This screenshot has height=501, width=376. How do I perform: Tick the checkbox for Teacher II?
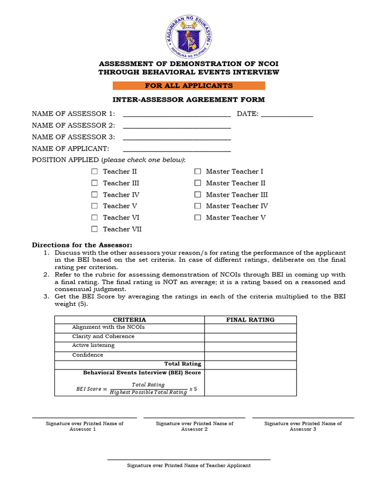click(x=94, y=172)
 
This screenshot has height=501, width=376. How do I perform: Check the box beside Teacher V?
click(x=94, y=206)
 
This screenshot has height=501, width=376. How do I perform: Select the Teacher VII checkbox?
click(x=94, y=229)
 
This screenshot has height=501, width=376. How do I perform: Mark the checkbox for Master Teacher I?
click(x=198, y=172)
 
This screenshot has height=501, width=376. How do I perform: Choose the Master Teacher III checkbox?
click(x=198, y=195)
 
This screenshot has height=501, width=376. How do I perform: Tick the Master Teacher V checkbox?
click(x=198, y=218)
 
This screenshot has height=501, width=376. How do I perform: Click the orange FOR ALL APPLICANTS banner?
click(x=188, y=86)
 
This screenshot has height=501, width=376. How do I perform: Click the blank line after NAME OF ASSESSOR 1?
click(x=177, y=116)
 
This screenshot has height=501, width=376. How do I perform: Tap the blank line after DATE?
click(x=287, y=116)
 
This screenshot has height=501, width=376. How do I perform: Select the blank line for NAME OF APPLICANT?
click(x=177, y=151)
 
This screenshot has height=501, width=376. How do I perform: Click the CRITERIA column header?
click(x=129, y=320)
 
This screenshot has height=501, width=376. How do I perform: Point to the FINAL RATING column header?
click(x=250, y=320)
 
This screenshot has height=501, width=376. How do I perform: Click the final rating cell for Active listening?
click(x=250, y=347)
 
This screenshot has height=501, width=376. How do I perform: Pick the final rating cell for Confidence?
click(x=250, y=356)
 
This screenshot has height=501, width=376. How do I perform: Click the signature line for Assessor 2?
click(x=194, y=418)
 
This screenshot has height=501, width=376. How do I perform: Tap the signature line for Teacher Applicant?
click(x=188, y=459)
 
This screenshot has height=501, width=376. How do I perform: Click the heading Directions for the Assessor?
click(x=82, y=245)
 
